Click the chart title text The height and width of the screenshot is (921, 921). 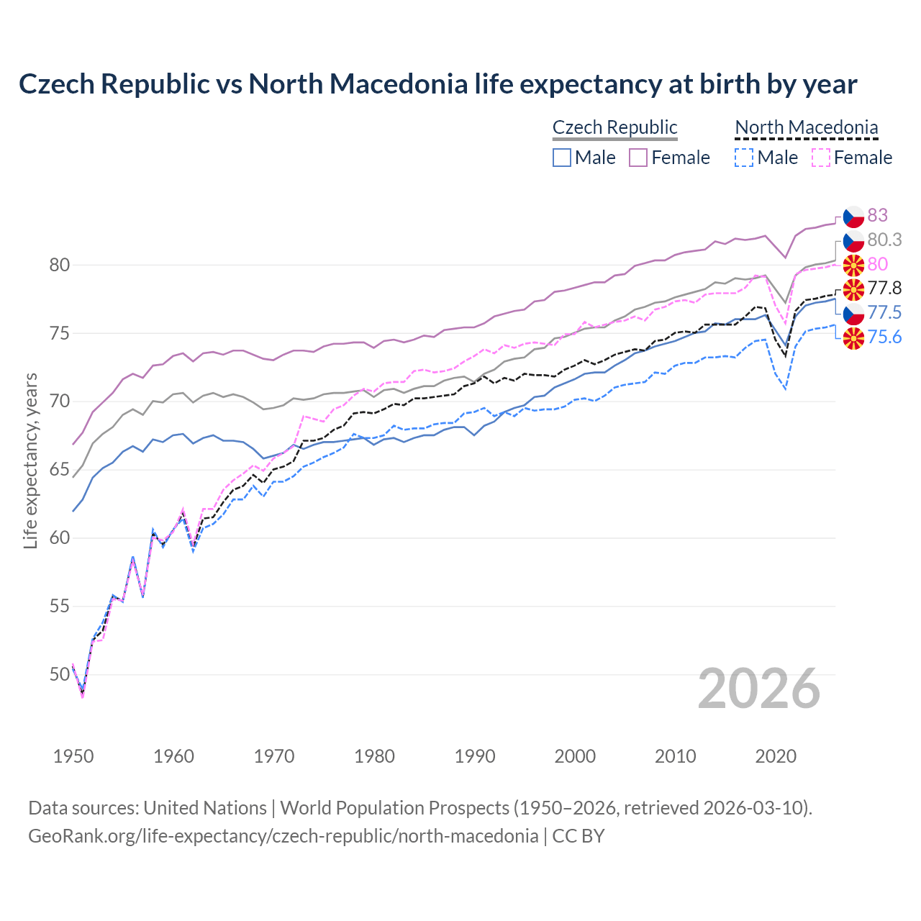pyautogui.click(x=437, y=84)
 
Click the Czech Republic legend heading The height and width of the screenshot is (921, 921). pyautogui.click(x=614, y=127)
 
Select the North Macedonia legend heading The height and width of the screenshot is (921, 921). pyautogui.click(x=806, y=127)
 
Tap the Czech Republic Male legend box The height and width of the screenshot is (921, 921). pyautogui.click(x=562, y=158)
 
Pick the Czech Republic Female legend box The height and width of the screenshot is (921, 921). pyautogui.click(x=638, y=158)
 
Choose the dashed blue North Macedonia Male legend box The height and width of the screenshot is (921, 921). pyautogui.click(x=744, y=158)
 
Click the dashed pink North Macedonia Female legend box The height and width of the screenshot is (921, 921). pyautogui.click(x=820, y=158)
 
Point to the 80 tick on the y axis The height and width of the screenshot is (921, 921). pyautogui.click(x=60, y=265)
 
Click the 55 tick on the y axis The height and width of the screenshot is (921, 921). pyautogui.click(x=60, y=607)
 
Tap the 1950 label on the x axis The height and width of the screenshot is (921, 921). pyautogui.click(x=73, y=756)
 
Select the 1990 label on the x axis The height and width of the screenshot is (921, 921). pyautogui.click(x=475, y=756)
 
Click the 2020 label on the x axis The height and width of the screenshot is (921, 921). pyautogui.click(x=776, y=756)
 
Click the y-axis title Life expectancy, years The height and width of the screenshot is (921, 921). pyautogui.click(x=30, y=460)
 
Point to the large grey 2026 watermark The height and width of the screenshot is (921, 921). pyautogui.click(x=758, y=689)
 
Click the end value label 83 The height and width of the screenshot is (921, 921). pyautogui.click(x=877, y=215)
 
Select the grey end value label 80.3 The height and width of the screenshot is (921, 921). pyautogui.click(x=884, y=240)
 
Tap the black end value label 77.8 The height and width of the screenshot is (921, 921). pyautogui.click(x=884, y=289)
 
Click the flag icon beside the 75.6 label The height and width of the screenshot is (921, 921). pyautogui.click(x=853, y=337)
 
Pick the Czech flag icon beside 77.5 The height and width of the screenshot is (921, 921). pyautogui.click(x=853, y=313)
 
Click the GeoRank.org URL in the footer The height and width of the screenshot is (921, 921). pyautogui.click(x=283, y=836)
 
